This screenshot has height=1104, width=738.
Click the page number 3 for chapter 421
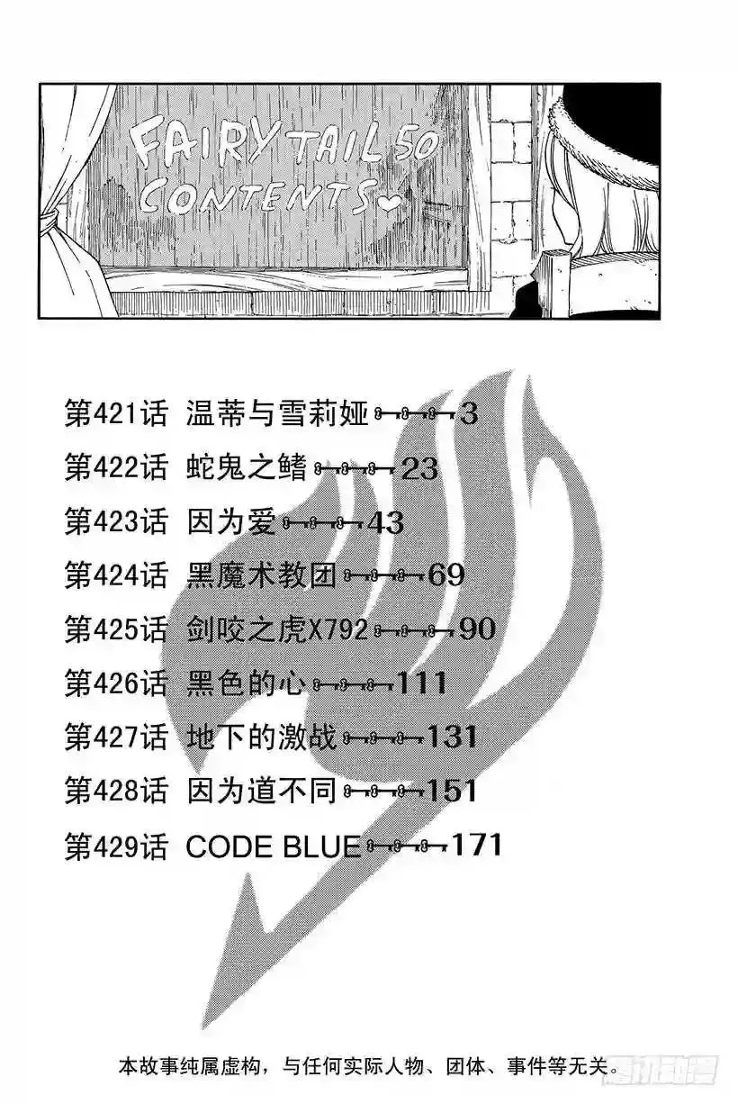(x=469, y=413)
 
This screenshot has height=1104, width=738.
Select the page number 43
(x=386, y=522)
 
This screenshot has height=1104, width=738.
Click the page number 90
(x=477, y=629)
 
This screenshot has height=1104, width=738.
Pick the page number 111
(x=422, y=683)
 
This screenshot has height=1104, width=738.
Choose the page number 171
(x=477, y=845)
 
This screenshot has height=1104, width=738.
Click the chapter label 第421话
(x=116, y=413)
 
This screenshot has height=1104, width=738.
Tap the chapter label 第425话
(x=116, y=629)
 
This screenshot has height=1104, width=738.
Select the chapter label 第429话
(x=116, y=846)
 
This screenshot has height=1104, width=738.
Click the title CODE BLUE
(x=274, y=846)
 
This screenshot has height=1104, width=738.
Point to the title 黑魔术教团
(x=262, y=575)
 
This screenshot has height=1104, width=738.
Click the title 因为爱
(x=231, y=522)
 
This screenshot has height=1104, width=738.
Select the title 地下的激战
(x=262, y=738)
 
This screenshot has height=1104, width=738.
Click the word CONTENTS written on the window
(x=255, y=199)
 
